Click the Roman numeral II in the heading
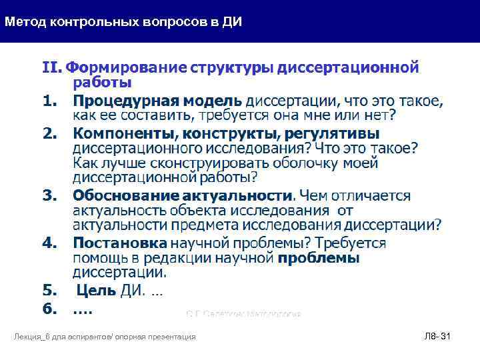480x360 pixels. click(x=51, y=67)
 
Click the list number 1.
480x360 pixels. click(x=49, y=101)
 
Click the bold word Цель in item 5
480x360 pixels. click(x=97, y=290)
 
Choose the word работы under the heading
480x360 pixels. click(x=101, y=83)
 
